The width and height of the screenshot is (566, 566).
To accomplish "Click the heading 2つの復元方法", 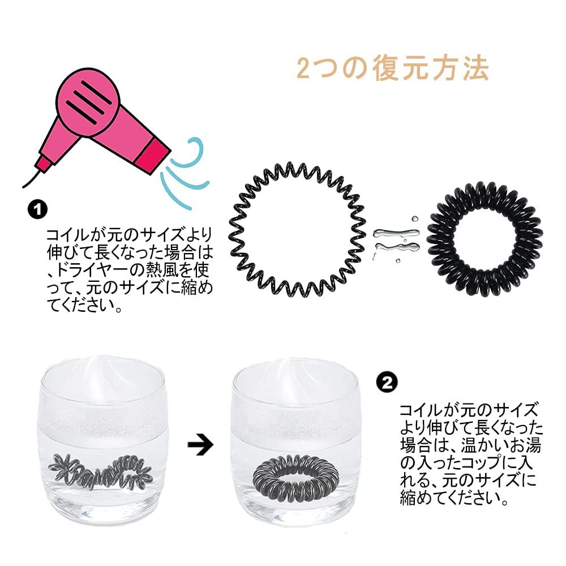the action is pyautogui.click(x=392, y=68).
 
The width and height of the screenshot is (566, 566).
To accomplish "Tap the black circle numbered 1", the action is pyautogui.click(x=37, y=209).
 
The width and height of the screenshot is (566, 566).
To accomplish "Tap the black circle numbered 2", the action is pyautogui.click(x=387, y=383).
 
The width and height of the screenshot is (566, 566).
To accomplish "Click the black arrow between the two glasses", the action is pyautogui.click(x=200, y=445).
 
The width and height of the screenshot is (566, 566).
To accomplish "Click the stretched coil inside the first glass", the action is pyautogui.click(x=101, y=469).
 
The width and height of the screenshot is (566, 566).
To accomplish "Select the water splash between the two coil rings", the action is pyautogui.click(x=396, y=240).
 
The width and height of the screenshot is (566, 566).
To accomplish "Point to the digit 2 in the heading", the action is pyautogui.click(x=303, y=69).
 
